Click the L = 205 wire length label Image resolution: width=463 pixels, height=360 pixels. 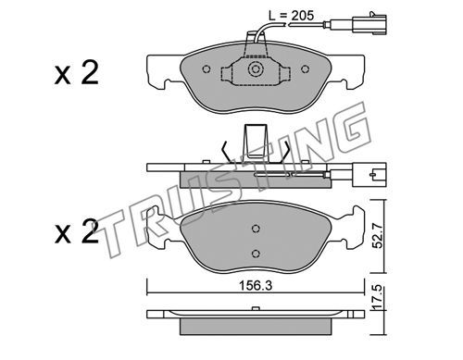tap(291, 15)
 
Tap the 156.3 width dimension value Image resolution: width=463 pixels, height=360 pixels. tap(256, 286)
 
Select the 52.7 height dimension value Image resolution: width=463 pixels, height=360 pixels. tap(378, 236)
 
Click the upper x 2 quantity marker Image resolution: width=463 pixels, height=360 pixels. tap(77, 73)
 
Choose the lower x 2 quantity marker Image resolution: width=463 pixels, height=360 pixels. tap(77, 231)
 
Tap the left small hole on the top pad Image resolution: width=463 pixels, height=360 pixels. tap(206, 69)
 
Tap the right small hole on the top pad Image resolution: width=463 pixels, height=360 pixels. tap(306, 69)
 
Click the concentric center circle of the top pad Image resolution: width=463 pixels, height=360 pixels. tap(256, 69)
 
